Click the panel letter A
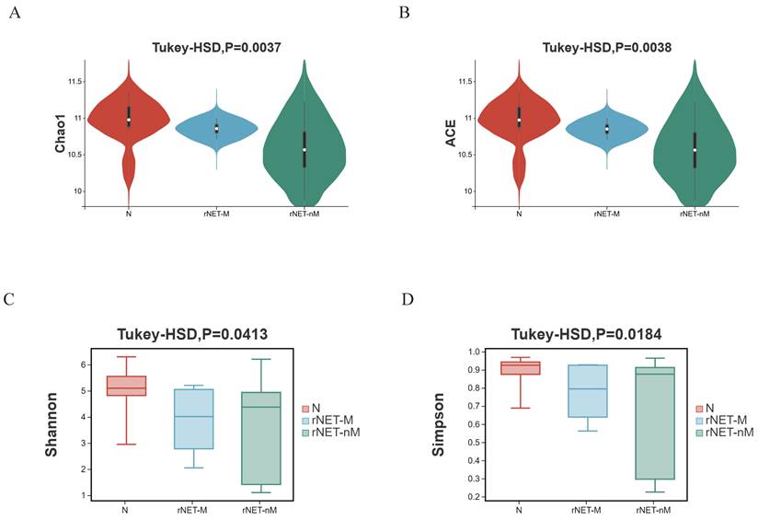tap(14, 13)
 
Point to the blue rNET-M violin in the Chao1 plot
tap(216, 128)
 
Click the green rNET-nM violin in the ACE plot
tap(695, 147)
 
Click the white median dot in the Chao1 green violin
tap(304, 150)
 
